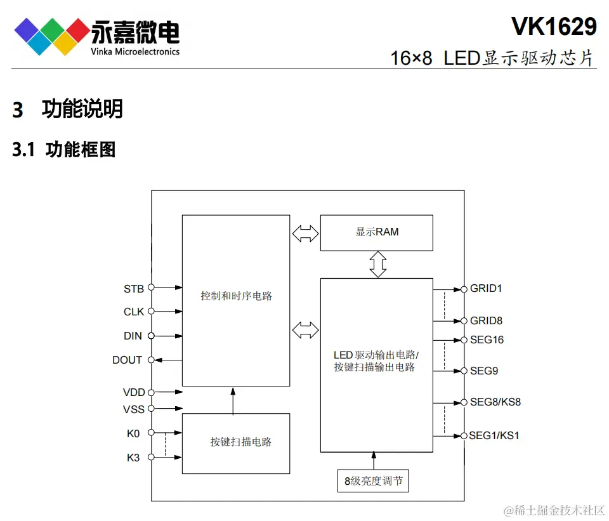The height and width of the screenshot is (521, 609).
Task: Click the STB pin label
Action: click(133, 289)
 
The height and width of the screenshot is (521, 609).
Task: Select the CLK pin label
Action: click(133, 312)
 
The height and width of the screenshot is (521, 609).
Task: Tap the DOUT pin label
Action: click(127, 360)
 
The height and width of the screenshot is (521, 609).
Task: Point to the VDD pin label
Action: click(134, 392)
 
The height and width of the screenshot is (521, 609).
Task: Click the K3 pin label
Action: click(133, 458)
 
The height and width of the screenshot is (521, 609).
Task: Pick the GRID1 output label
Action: click(486, 288)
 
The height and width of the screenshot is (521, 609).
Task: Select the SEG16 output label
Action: click(487, 340)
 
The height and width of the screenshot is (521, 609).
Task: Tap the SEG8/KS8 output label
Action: click(495, 402)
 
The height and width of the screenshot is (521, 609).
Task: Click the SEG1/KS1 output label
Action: click(495, 435)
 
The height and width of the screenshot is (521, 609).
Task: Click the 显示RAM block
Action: click(377, 232)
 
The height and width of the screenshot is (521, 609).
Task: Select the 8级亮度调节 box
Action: click(373, 481)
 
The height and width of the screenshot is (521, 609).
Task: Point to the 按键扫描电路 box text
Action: click(241, 442)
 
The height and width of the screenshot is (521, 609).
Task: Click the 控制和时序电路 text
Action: click(236, 296)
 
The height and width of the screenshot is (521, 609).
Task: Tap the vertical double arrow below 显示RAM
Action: click(378, 264)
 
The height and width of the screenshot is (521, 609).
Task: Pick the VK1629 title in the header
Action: click(554, 26)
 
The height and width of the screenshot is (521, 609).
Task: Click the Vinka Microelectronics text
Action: click(135, 51)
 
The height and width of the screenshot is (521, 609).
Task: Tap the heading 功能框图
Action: click(81, 150)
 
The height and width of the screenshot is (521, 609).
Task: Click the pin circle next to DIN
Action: click(151, 336)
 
